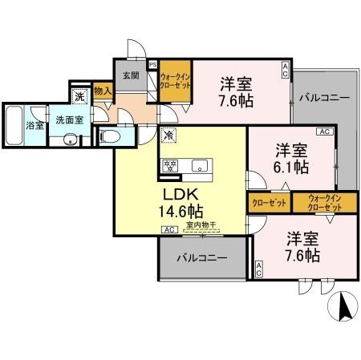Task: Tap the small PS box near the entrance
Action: click(x=153, y=67)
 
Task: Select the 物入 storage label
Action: click(x=102, y=91)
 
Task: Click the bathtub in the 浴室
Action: click(x=14, y=125)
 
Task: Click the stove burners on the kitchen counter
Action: click(x=171, y=166)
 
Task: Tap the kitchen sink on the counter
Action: click(x=198, y=167)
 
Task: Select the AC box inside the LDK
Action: click(x=169, y=230)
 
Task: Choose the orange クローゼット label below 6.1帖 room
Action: click(x=269, y=204)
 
